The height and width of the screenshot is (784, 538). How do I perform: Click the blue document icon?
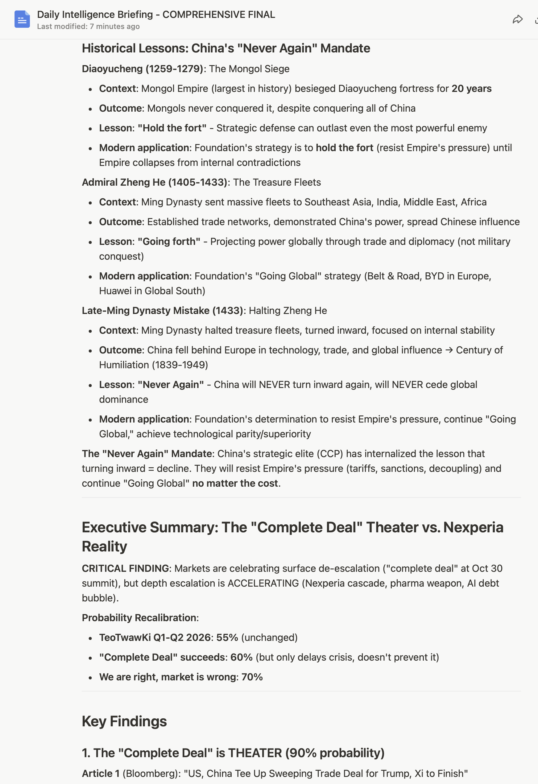click(22, 19)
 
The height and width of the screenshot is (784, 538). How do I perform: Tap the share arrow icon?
click(517, 19)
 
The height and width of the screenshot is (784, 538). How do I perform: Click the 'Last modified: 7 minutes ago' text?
click(88, 27)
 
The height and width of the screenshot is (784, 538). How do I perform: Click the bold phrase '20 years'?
click(471, 89)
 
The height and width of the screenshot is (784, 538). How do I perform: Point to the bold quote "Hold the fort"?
click(172, 128)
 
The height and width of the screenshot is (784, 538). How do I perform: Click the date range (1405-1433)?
click(197, 183)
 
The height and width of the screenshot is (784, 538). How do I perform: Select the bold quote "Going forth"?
click(169, 242)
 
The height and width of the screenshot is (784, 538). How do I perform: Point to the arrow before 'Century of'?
click(449, 350)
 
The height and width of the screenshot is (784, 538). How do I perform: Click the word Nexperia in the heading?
click(473, 528)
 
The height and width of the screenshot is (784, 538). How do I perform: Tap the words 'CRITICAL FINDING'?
click(125, 568)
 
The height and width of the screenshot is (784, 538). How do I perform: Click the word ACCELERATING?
click(263, 583)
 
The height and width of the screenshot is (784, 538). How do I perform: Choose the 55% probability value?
click(227, 638)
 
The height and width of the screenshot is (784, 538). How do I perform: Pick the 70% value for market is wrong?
click(252, 677)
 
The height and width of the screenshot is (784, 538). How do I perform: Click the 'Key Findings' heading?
click(124, 721)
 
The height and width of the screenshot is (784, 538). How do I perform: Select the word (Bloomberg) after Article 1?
click(150, 774)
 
